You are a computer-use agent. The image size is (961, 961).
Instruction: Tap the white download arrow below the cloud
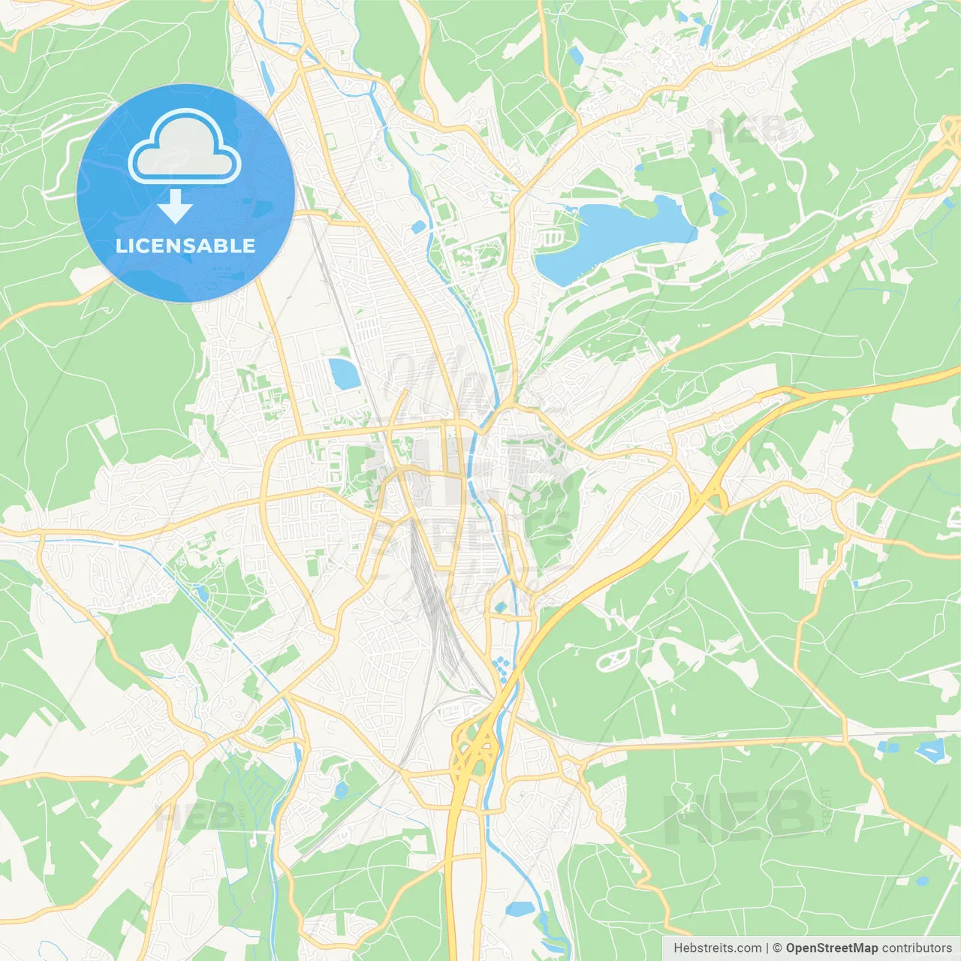click(x=175, y=206)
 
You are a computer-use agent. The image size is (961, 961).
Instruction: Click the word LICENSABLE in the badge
click(x=185, y=246)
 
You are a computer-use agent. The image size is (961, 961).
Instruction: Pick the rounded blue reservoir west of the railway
click(x=343, y=373)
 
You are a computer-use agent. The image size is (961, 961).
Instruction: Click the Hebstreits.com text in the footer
click(x=718, y=948)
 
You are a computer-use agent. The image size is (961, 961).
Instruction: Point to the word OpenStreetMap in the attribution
click(x=832, y=948)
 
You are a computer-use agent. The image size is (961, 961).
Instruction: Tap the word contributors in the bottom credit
click(x=917, y=948)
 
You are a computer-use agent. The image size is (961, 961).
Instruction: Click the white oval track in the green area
click(x=613, y=658)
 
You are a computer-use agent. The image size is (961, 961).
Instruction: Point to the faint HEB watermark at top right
click(x=751, y=130)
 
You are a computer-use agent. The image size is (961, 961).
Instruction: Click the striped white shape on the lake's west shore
click(x=552, y=238)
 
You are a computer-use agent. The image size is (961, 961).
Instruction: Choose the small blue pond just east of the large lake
click(x=718, y=203)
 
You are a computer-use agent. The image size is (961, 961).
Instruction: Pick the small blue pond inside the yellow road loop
click(x=501, y=607)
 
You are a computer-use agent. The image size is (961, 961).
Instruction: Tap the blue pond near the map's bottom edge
click(x=520, y=909)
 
